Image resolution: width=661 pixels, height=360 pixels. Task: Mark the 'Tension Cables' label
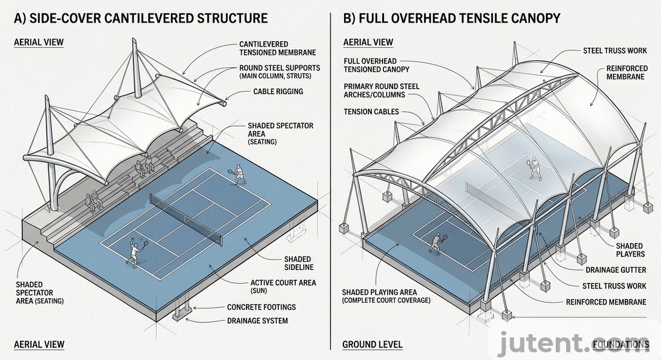click(372, 112)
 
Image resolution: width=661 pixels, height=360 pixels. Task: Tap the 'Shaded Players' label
click(629, 250)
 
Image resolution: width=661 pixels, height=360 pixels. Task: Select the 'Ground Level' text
click(372, 345)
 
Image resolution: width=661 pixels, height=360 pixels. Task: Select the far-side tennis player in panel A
click(238, 173)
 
